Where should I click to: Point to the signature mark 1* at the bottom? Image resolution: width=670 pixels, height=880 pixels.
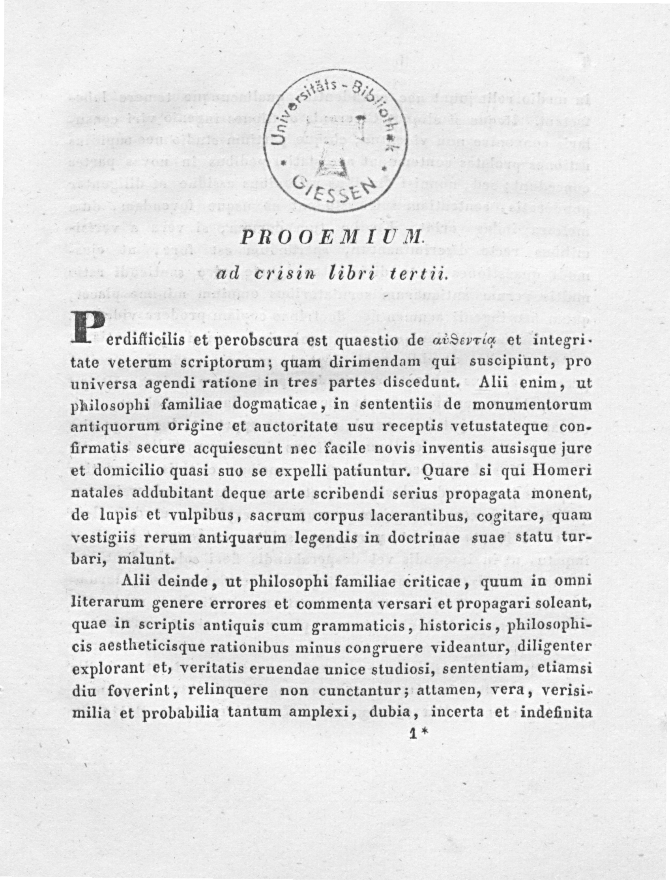[x=419, y=734]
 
